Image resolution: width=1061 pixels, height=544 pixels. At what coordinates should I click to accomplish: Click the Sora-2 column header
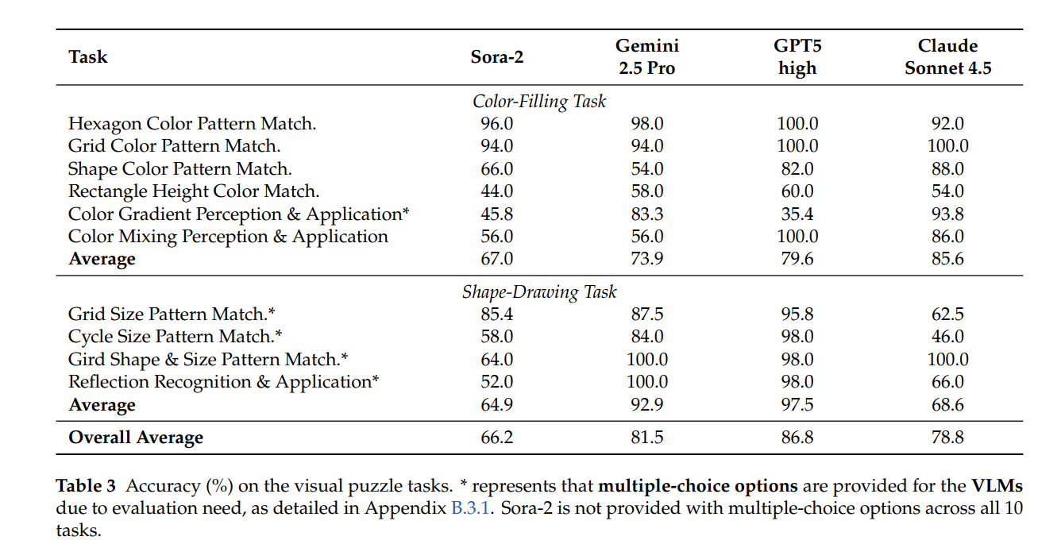[497, 57]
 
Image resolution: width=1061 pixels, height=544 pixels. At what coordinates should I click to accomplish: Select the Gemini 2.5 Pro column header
[646, 57]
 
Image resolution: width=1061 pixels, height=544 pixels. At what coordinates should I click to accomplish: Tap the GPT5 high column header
[797, 57]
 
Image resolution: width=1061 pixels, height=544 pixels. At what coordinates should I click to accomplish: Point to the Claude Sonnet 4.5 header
[947, 57]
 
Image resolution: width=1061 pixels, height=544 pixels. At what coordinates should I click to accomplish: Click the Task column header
[88, 57]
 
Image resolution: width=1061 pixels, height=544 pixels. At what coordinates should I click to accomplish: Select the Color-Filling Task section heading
[539, 102]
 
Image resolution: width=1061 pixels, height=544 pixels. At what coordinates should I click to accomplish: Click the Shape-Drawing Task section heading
[539, 292]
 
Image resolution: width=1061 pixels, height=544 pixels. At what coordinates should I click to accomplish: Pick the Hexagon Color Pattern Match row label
[192, 124]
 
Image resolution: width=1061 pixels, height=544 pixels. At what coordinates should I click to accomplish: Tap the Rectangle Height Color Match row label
[194, 191]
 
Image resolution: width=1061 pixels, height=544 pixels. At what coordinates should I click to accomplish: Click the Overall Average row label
[136, 438]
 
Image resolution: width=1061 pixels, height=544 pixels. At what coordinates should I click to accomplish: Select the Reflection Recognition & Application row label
[223, 382]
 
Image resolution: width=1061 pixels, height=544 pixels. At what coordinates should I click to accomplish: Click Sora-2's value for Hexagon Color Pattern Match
[497, 124]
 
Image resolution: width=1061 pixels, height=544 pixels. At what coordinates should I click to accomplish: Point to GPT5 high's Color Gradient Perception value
[797, 214]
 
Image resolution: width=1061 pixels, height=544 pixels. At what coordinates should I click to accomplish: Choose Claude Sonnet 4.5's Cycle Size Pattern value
[947, 337]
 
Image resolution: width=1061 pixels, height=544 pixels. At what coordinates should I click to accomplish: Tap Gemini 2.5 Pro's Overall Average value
[646, 438]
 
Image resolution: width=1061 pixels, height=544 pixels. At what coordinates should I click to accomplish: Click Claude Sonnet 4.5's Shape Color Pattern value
[947, 169]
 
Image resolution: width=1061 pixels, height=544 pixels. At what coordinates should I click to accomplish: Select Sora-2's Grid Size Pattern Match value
[497, 314]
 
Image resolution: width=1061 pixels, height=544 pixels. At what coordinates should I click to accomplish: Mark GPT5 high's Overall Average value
[797, 438]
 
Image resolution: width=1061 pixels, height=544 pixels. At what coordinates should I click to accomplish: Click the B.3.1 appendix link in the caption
[467, 508]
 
